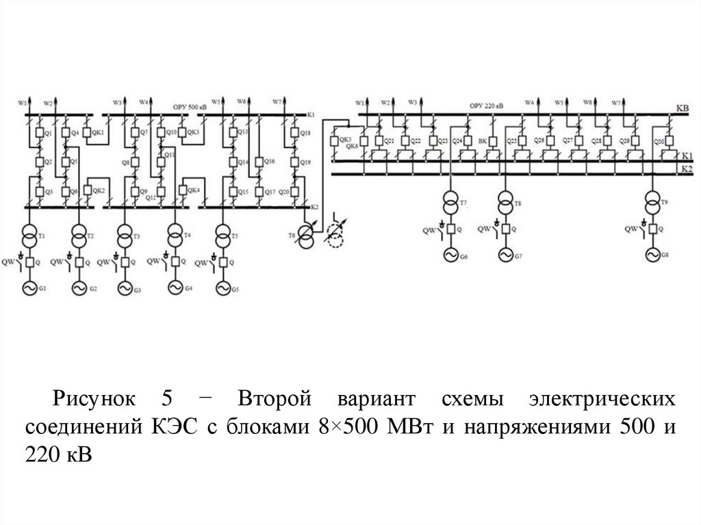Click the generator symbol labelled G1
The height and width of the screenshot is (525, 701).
click(x=30, y=290)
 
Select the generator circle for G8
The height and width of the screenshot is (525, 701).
click(x=651, y=255)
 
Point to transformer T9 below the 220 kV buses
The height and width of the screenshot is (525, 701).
click(x=651, y=203)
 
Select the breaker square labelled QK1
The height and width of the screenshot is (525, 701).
click(x=87, y=132)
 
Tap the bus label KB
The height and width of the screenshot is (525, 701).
click(x=682, y=108)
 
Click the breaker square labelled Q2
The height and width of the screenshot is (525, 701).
click(x=38, y=162)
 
